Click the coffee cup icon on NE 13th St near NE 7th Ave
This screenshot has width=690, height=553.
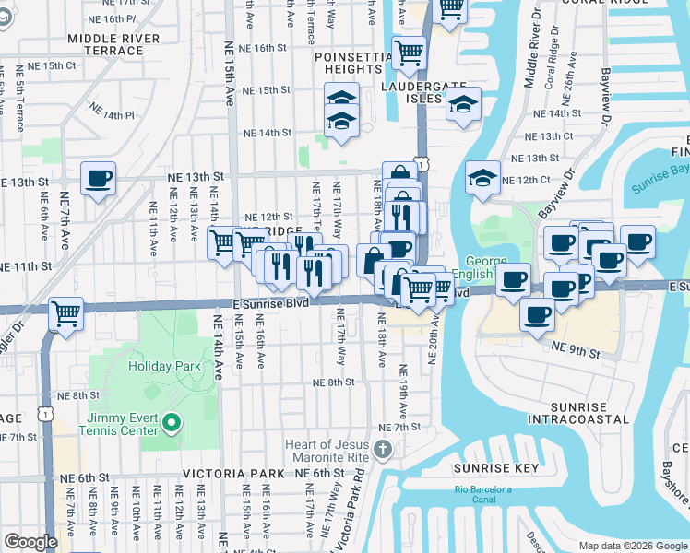(98, 178)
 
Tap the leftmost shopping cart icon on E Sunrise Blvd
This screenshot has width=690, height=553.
(65, 313)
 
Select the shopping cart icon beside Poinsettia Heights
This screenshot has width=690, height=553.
(408, 52)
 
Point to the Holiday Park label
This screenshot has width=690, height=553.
(164, 366)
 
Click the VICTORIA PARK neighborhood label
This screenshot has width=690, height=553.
(233, 473)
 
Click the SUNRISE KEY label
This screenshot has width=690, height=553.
(495, 467)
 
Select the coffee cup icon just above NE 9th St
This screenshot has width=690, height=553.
(536, 313)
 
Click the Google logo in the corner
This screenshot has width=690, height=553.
(30, 542)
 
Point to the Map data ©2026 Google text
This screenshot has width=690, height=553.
(632, 546)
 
